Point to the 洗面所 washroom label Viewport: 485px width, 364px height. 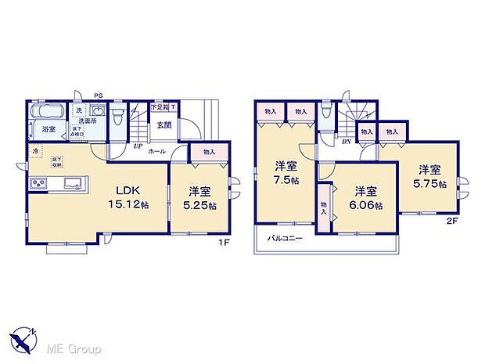pyautogui.click(x=88, y=122)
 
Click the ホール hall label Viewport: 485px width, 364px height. pyautogui.click(x=156, y=149)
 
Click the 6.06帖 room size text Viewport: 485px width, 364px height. pyautogui.click(x=366, y=206)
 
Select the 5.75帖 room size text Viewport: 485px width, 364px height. pyautogui.click(x=432, y=184)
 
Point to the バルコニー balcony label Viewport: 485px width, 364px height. pyautogui.click(x=286, y=238)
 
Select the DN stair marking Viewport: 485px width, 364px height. pyautogui.click(x=346, y=140)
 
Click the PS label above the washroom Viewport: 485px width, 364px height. pyautogui.click(x=98, y=96)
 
